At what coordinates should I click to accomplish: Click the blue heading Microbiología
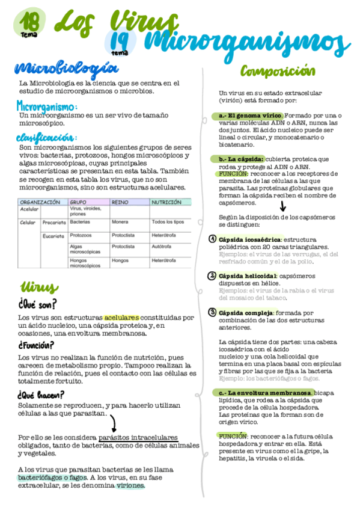coord(66,67)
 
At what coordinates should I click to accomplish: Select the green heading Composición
coord(278,72)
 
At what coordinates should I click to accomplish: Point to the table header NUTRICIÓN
coord(166,203)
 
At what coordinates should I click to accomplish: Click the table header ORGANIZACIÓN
coord(40,203)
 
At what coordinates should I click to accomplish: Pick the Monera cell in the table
coord(120,222)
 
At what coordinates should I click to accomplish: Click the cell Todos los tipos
coord(168,222)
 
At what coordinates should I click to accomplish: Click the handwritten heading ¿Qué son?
coord(37,304)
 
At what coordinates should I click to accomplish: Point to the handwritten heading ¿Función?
coord(36,345)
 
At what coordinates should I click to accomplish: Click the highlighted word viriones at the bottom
coord(130,485)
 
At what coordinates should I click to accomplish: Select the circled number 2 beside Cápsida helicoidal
coord(212,276)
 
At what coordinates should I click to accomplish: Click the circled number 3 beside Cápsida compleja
coord(212,312)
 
